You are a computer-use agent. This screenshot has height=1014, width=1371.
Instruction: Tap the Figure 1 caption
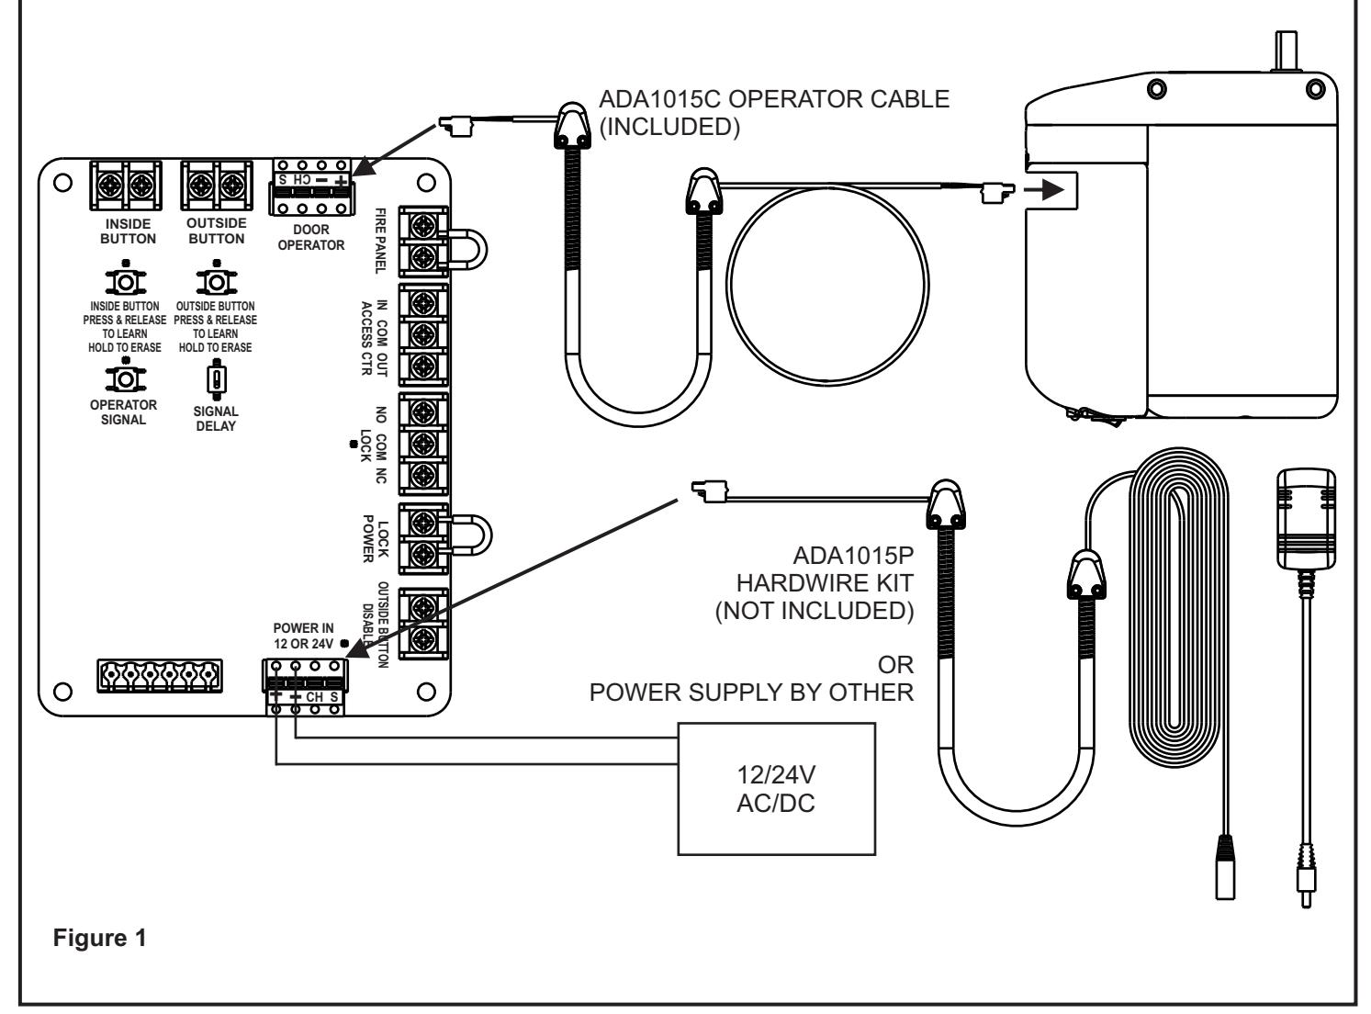[x=99, y=938]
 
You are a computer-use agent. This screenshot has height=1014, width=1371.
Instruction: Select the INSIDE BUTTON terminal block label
[x=128, y=231]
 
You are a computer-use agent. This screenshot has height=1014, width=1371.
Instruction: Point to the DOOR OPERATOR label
[x=311, y=237]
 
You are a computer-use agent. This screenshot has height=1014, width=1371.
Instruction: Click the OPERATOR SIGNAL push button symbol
[x=126, y=378]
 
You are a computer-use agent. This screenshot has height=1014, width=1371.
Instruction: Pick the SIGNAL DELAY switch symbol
[x=217, y=379]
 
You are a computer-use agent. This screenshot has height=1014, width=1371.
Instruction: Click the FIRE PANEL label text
[x=381, y=241]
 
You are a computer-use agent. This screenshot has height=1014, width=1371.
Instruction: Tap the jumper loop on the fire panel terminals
[x=480, y=250]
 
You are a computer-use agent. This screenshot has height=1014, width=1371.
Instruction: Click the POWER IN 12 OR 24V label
[x=304, y=636]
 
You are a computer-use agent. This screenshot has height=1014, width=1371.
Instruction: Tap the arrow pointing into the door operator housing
[x=1044, y=189]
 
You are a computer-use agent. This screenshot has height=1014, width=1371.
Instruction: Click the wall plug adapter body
[x=1306, y=519]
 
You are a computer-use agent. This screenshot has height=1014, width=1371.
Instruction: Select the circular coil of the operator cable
[x=727, y=286]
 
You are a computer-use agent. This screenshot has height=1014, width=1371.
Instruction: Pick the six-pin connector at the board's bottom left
[x=160, y=676]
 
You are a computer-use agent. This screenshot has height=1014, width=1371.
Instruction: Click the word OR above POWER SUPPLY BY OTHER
[x=895, y=665]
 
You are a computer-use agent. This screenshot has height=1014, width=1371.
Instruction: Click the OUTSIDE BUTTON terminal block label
[x=217, y=231]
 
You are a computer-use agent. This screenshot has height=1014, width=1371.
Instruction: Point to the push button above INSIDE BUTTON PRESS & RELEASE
[x=126, y=281]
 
